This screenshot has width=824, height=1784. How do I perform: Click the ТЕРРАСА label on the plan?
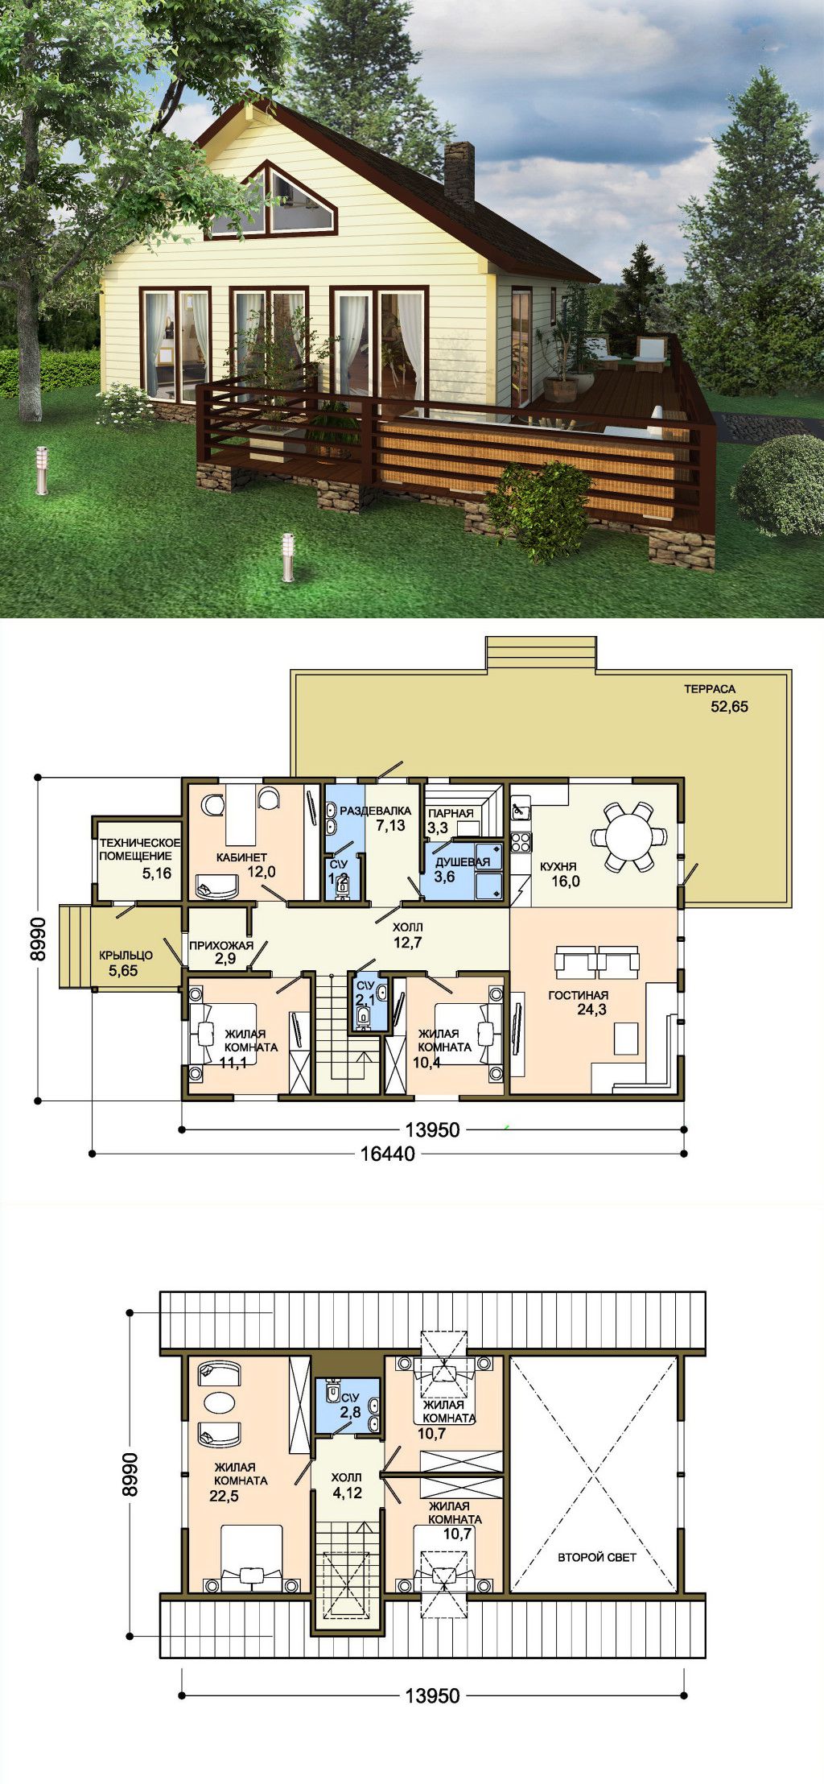coord(710,689)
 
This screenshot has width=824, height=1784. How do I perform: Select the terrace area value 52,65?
coord(729,707)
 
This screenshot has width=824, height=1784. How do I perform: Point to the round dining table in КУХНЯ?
coord(629,836)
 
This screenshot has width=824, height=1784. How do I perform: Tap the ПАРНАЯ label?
coord(451,813)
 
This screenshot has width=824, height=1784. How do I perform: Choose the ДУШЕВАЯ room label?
coord(463,862)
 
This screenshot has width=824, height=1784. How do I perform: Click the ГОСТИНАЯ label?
coord(579,995)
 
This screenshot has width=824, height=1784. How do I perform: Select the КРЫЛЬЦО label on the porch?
coord(126,956)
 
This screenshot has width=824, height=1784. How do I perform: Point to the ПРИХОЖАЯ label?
coord(221,945)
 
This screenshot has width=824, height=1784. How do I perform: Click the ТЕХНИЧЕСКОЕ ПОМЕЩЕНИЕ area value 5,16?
coord(157,873)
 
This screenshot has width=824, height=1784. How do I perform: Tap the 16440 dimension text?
coord(389,1154)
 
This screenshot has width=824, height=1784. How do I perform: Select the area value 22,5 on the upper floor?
coord(224,1496)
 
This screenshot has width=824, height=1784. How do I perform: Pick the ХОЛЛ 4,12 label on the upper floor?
coord(347,1485)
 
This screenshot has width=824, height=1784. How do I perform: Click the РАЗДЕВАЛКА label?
coord(375,810)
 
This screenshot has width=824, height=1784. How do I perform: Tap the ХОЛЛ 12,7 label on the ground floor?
coord(407,935)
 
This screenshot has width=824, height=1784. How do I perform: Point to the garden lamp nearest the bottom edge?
coord(287,556)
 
